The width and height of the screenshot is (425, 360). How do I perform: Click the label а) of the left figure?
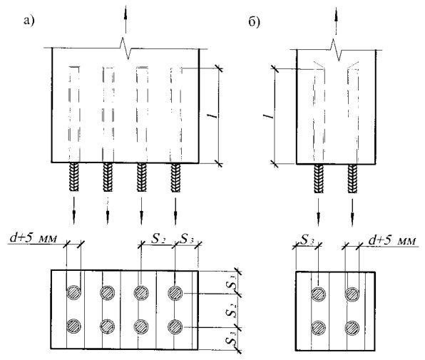pyautogui.click(x=29, y=21)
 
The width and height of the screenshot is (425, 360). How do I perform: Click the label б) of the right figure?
pyautogui.click(x=255, y=22)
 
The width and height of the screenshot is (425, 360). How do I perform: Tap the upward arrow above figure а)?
pyautogui.click(x=126, y=19)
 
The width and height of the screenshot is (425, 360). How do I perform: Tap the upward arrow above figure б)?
pyautogui.click(x=336, y=21)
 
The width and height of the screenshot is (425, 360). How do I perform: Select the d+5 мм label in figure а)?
pyautogui.click(x=34, y=238)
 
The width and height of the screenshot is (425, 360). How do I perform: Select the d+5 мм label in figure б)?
pyautogui.click(x=392, y=240)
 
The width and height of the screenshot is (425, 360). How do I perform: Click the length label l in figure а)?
pyautogui.click(x=215, y=115)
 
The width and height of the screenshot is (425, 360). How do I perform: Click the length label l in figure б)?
pyautogui.click(x=268, y=116)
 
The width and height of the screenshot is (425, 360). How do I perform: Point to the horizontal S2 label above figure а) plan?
pyautogui.click(x=158, y=239)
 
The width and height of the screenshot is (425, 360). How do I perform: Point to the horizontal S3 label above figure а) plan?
pyautogui.click(x=188, y=239)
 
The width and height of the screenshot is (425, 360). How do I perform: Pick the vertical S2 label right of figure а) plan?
pyautogui.click(x=230, y=311)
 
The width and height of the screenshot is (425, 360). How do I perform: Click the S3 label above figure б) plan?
pyautogui.click(x=307, y=240)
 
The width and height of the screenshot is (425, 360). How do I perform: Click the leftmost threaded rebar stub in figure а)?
pyautogui.click(x=74, y=178)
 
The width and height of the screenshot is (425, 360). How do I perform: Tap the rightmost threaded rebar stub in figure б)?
pyautogui.click(x=352, y=178)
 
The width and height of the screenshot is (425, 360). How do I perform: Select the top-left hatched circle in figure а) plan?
pyautogui.click(x=73, y=292)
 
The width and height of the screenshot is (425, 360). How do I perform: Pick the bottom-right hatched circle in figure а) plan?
pyautogui.click(x=175, y=326)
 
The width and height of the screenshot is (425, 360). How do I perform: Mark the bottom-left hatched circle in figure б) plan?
pyautogui.click(x=319, y=328)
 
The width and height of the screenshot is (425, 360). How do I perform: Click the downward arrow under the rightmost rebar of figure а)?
pyautogui.click(x=175, y=211)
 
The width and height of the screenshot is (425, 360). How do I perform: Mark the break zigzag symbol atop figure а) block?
pyautogui.click(x=127, y=48)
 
